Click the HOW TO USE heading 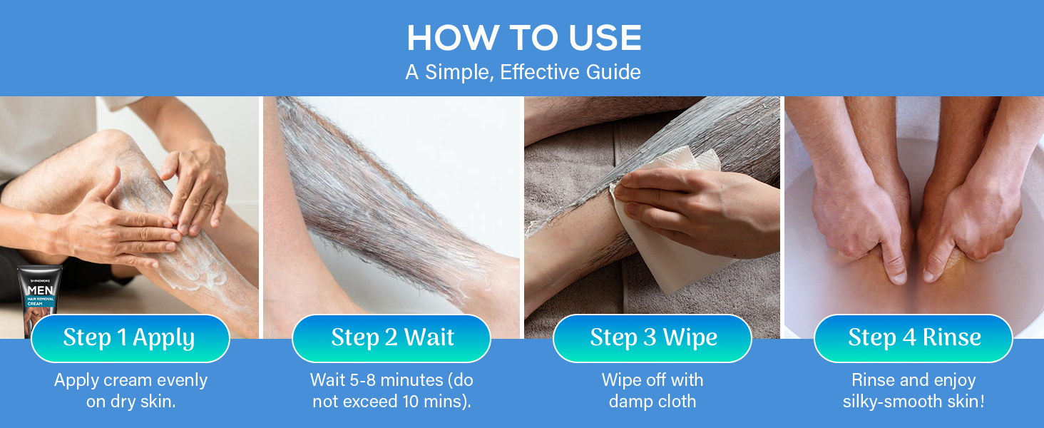(x=523, y=38)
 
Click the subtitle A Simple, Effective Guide (x=523, y=72)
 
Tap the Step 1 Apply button (x=129, y=338)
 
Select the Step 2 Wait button (x=391, y=338)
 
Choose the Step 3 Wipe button (x=652, y=338)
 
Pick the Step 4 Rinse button (x=913, y=338)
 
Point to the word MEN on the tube (x=39, y=290)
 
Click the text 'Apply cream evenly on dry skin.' (x=130, y=391)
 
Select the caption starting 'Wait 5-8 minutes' (x=391, y=391)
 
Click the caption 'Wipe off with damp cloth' (x=652, y=391)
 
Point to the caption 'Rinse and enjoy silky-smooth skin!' (x=913, y=391)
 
